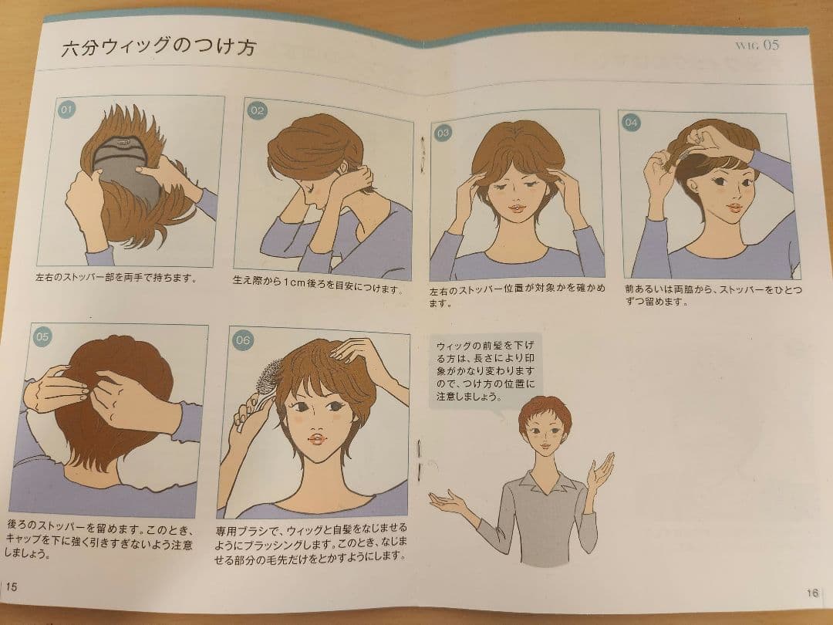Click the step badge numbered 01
pos(66,110)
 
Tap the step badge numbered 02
pos(257,110)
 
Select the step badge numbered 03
pos(443,133)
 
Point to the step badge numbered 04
pos(631,122)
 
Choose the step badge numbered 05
pos(42,336)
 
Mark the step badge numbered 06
pos(242,340)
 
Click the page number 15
pos(12,586)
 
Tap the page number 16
pos(812,593)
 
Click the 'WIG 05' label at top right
pos(757,45)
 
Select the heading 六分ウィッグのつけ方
pos(158,46)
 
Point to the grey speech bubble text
pos(486,370)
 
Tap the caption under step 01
pos(116,277)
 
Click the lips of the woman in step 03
pos(516,208)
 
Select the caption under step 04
pos(713,296)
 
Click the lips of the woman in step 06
pos(316,439)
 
